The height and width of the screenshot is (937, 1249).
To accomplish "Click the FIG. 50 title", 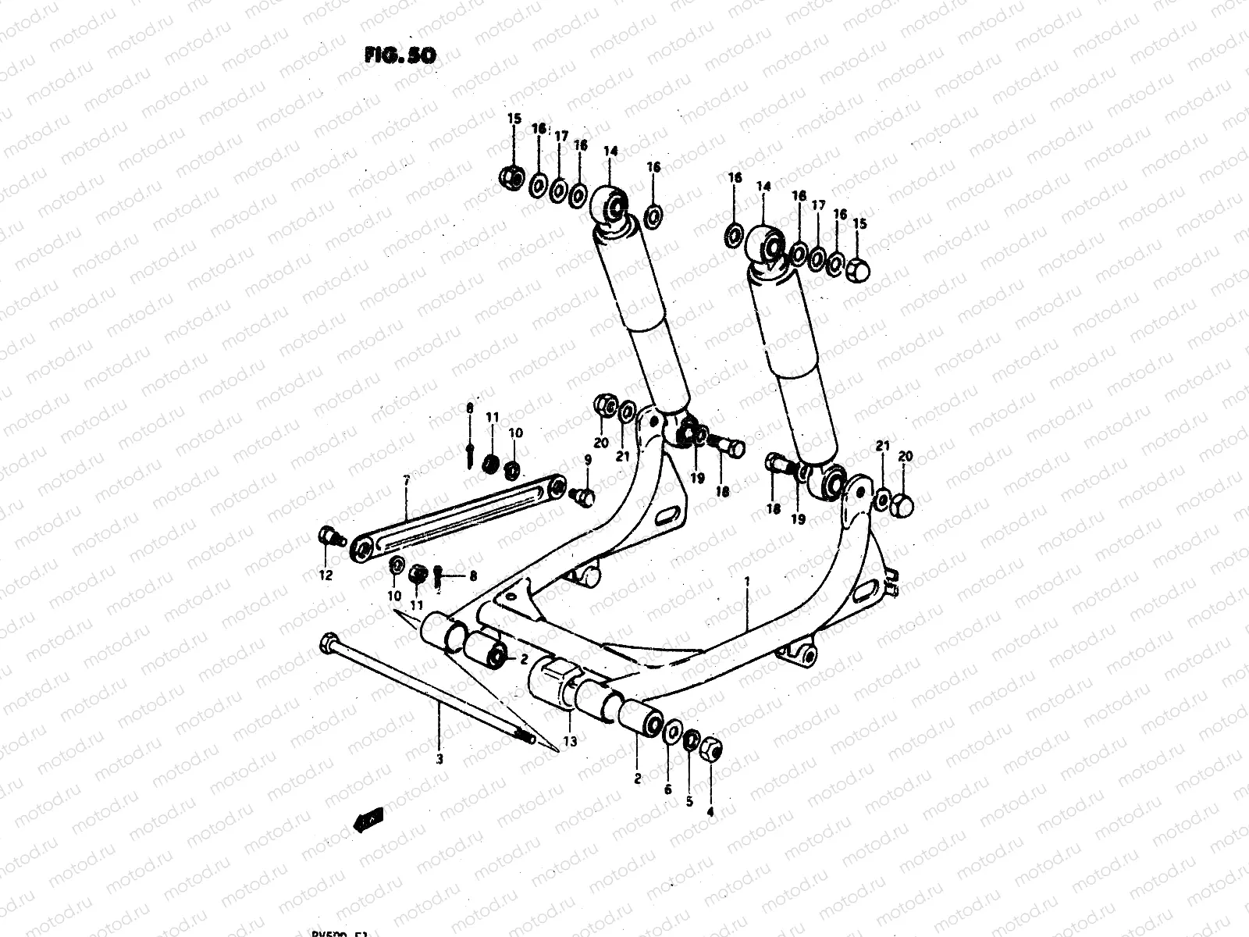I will [x=399, y=55].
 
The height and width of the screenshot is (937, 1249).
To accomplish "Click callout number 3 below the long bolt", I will [x=439, y=758].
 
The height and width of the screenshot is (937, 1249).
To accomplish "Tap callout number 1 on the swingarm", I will [x=747, y=582].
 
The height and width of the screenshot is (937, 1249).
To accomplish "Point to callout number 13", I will [x=570, y=742].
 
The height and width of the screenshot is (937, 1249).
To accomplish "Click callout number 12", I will [x=326, y=575].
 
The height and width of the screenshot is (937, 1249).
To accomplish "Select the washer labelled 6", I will [x=670, y=735].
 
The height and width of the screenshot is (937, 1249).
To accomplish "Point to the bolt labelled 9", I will [x=582, y=496].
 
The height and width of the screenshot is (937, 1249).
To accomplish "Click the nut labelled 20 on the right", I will [x=902, y=505].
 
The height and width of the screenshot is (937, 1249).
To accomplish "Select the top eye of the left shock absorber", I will [x=614, y=205].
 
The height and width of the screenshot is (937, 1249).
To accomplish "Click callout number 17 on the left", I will [x=560, y=136].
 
